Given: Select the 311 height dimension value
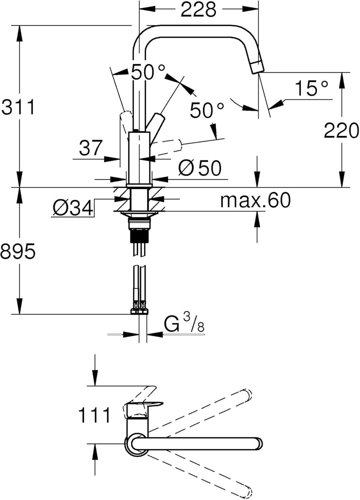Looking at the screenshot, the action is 18,107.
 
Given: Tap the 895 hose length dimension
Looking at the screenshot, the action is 17,252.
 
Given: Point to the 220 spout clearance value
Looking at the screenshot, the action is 341,130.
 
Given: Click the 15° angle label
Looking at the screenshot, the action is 311,88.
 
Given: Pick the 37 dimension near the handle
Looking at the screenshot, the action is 90,147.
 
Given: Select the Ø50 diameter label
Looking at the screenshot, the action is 200,167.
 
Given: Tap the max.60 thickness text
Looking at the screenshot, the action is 255,200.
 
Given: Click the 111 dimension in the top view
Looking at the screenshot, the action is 94,414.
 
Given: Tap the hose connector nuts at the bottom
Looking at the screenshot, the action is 139,310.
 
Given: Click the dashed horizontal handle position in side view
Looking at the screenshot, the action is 166,143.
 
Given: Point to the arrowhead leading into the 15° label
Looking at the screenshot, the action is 277,103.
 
